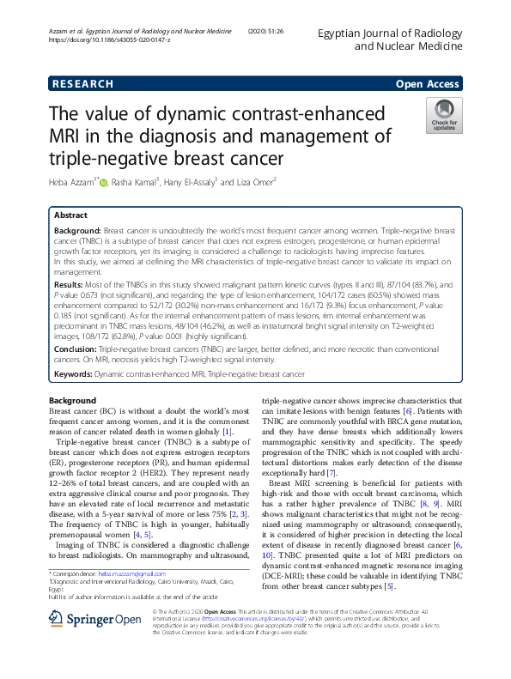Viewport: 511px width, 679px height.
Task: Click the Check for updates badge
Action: [444, 116]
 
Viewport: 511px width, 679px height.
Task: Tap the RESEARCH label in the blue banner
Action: [82, 84]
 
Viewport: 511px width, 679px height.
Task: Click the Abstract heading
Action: [70, 215]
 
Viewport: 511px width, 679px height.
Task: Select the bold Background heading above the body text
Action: [72, 401]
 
